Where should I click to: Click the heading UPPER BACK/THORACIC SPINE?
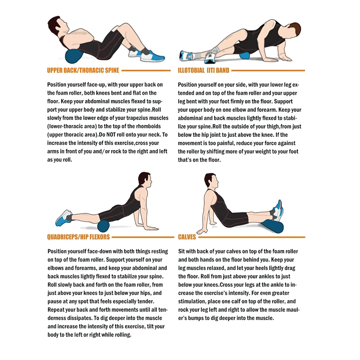(x=83, y=71)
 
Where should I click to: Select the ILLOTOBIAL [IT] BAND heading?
(x=203, y=71)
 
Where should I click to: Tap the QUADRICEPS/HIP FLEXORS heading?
(x=78, y=237)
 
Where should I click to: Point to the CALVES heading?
(x=187, y=237)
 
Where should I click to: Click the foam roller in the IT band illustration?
(x=245, y=56)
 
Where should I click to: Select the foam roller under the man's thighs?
(x=104, y=227)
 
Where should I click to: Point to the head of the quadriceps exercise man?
(x=144, y=179)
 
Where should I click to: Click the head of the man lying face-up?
(x=54, y=25)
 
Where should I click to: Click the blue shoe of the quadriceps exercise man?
(x=63, y=218)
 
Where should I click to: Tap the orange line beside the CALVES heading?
(x=252, y=237)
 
